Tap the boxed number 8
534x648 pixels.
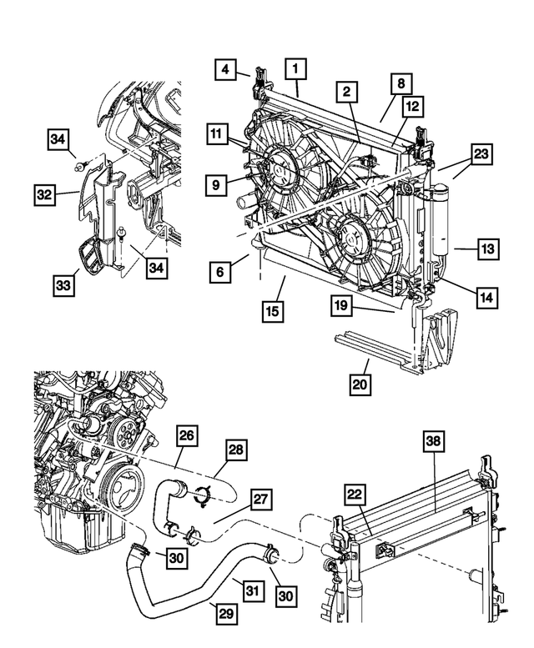point(401,83)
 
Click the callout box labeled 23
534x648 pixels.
point(481,153)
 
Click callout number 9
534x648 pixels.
point(216,183)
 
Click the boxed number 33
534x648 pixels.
point(63,285)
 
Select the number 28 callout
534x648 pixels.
point(235,451)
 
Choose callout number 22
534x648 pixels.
point(356,495)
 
